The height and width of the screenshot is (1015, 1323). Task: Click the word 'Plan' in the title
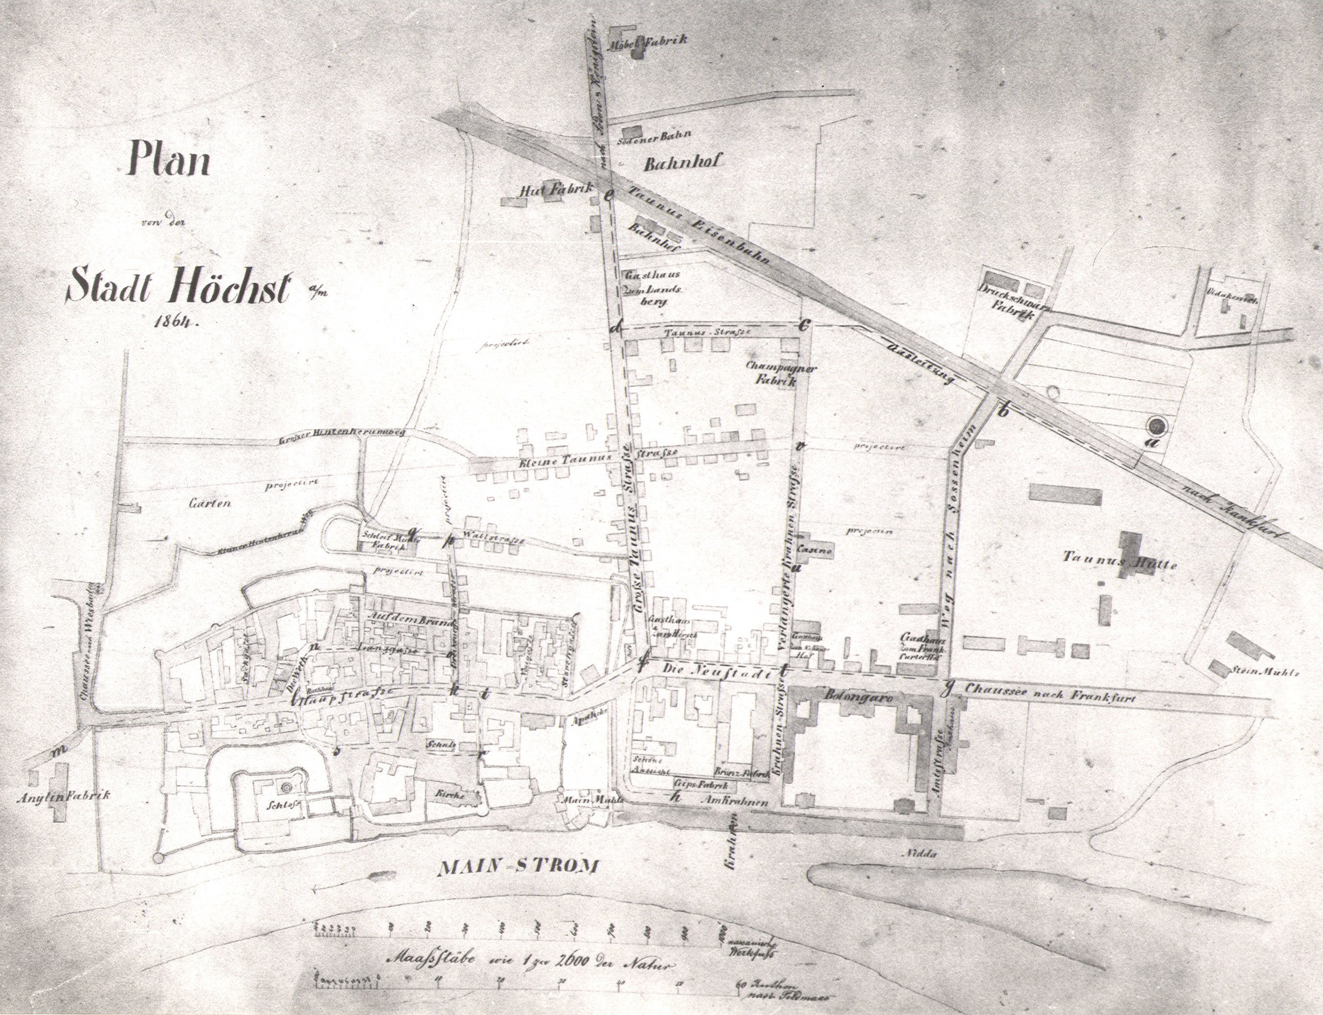(168, 159)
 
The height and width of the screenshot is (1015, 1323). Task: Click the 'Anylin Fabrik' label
(64, 796)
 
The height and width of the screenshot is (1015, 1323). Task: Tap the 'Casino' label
(815, 550)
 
